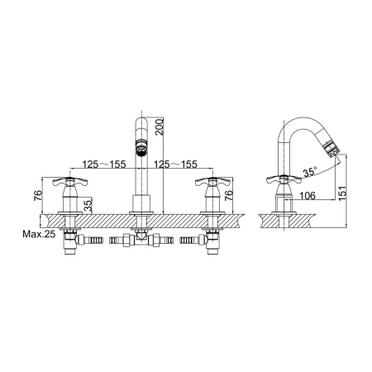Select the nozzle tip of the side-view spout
pos(329,150)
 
